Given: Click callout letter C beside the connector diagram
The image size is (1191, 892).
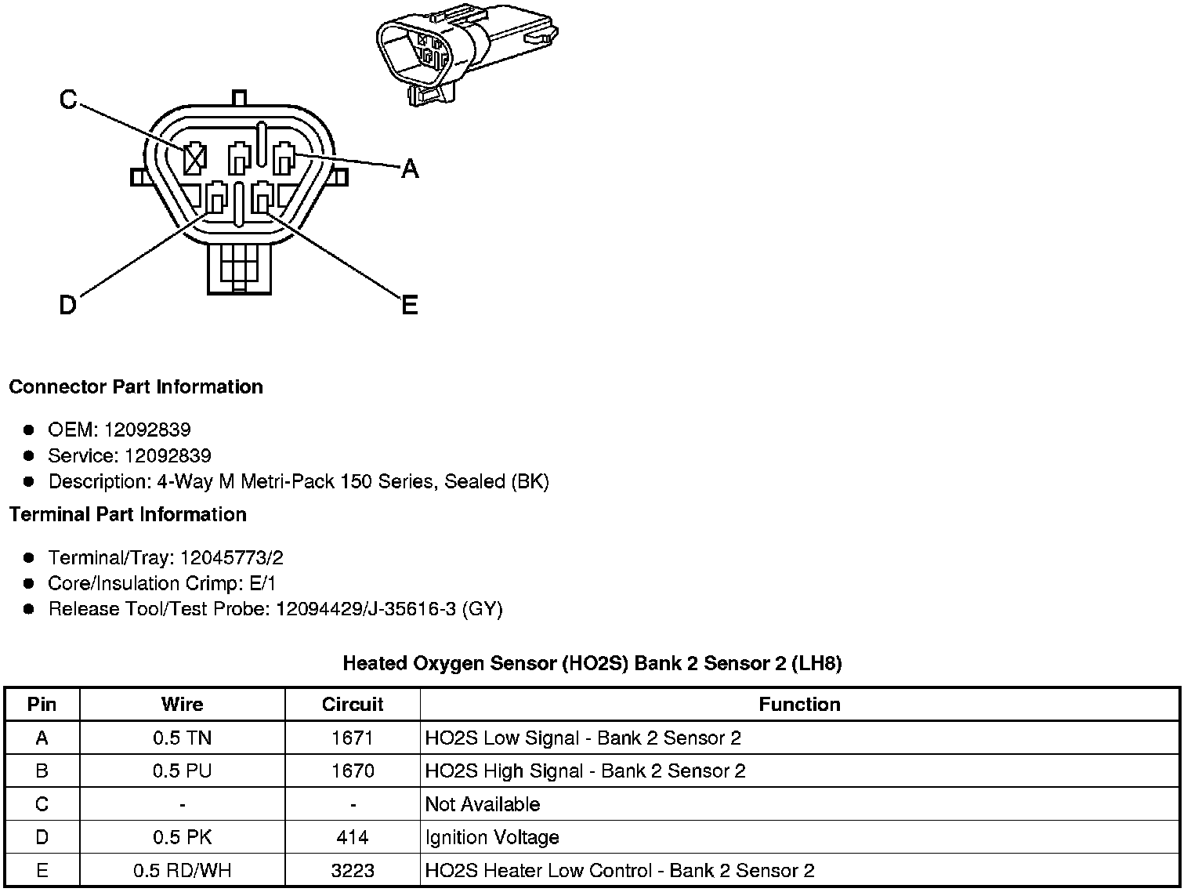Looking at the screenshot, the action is [68, 100].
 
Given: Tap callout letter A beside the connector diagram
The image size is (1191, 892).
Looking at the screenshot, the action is [410, 168].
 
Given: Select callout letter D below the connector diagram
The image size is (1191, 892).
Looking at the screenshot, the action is [68, 304].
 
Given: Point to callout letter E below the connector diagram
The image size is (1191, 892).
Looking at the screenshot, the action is [409, 305].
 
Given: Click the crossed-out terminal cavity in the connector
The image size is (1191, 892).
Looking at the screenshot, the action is [194, 159].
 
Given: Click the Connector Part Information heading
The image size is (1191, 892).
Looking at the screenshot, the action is [136, 387].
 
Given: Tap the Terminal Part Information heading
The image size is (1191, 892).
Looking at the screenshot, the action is [128, 515].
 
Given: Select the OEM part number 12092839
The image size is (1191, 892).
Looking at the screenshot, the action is [147, 430].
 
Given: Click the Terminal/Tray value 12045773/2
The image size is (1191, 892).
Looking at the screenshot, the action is [231, 558].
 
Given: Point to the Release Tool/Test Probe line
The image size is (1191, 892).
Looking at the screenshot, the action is [275, 609].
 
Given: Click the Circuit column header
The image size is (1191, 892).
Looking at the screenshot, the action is [353, 705].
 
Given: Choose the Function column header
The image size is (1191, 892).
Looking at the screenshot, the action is [799, 705].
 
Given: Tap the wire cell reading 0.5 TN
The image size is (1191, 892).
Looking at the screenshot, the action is [182, 738].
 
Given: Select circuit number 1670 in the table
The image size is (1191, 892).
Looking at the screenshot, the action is [353, 771].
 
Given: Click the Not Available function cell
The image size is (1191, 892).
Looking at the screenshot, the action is [483, 805].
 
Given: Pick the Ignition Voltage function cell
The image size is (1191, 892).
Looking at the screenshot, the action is [492, 838].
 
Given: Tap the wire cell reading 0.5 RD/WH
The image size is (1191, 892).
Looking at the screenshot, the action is [182, 871].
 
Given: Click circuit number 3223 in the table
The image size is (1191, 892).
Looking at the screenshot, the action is [353, 871].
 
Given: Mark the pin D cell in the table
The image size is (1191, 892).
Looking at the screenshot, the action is [42, 838].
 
